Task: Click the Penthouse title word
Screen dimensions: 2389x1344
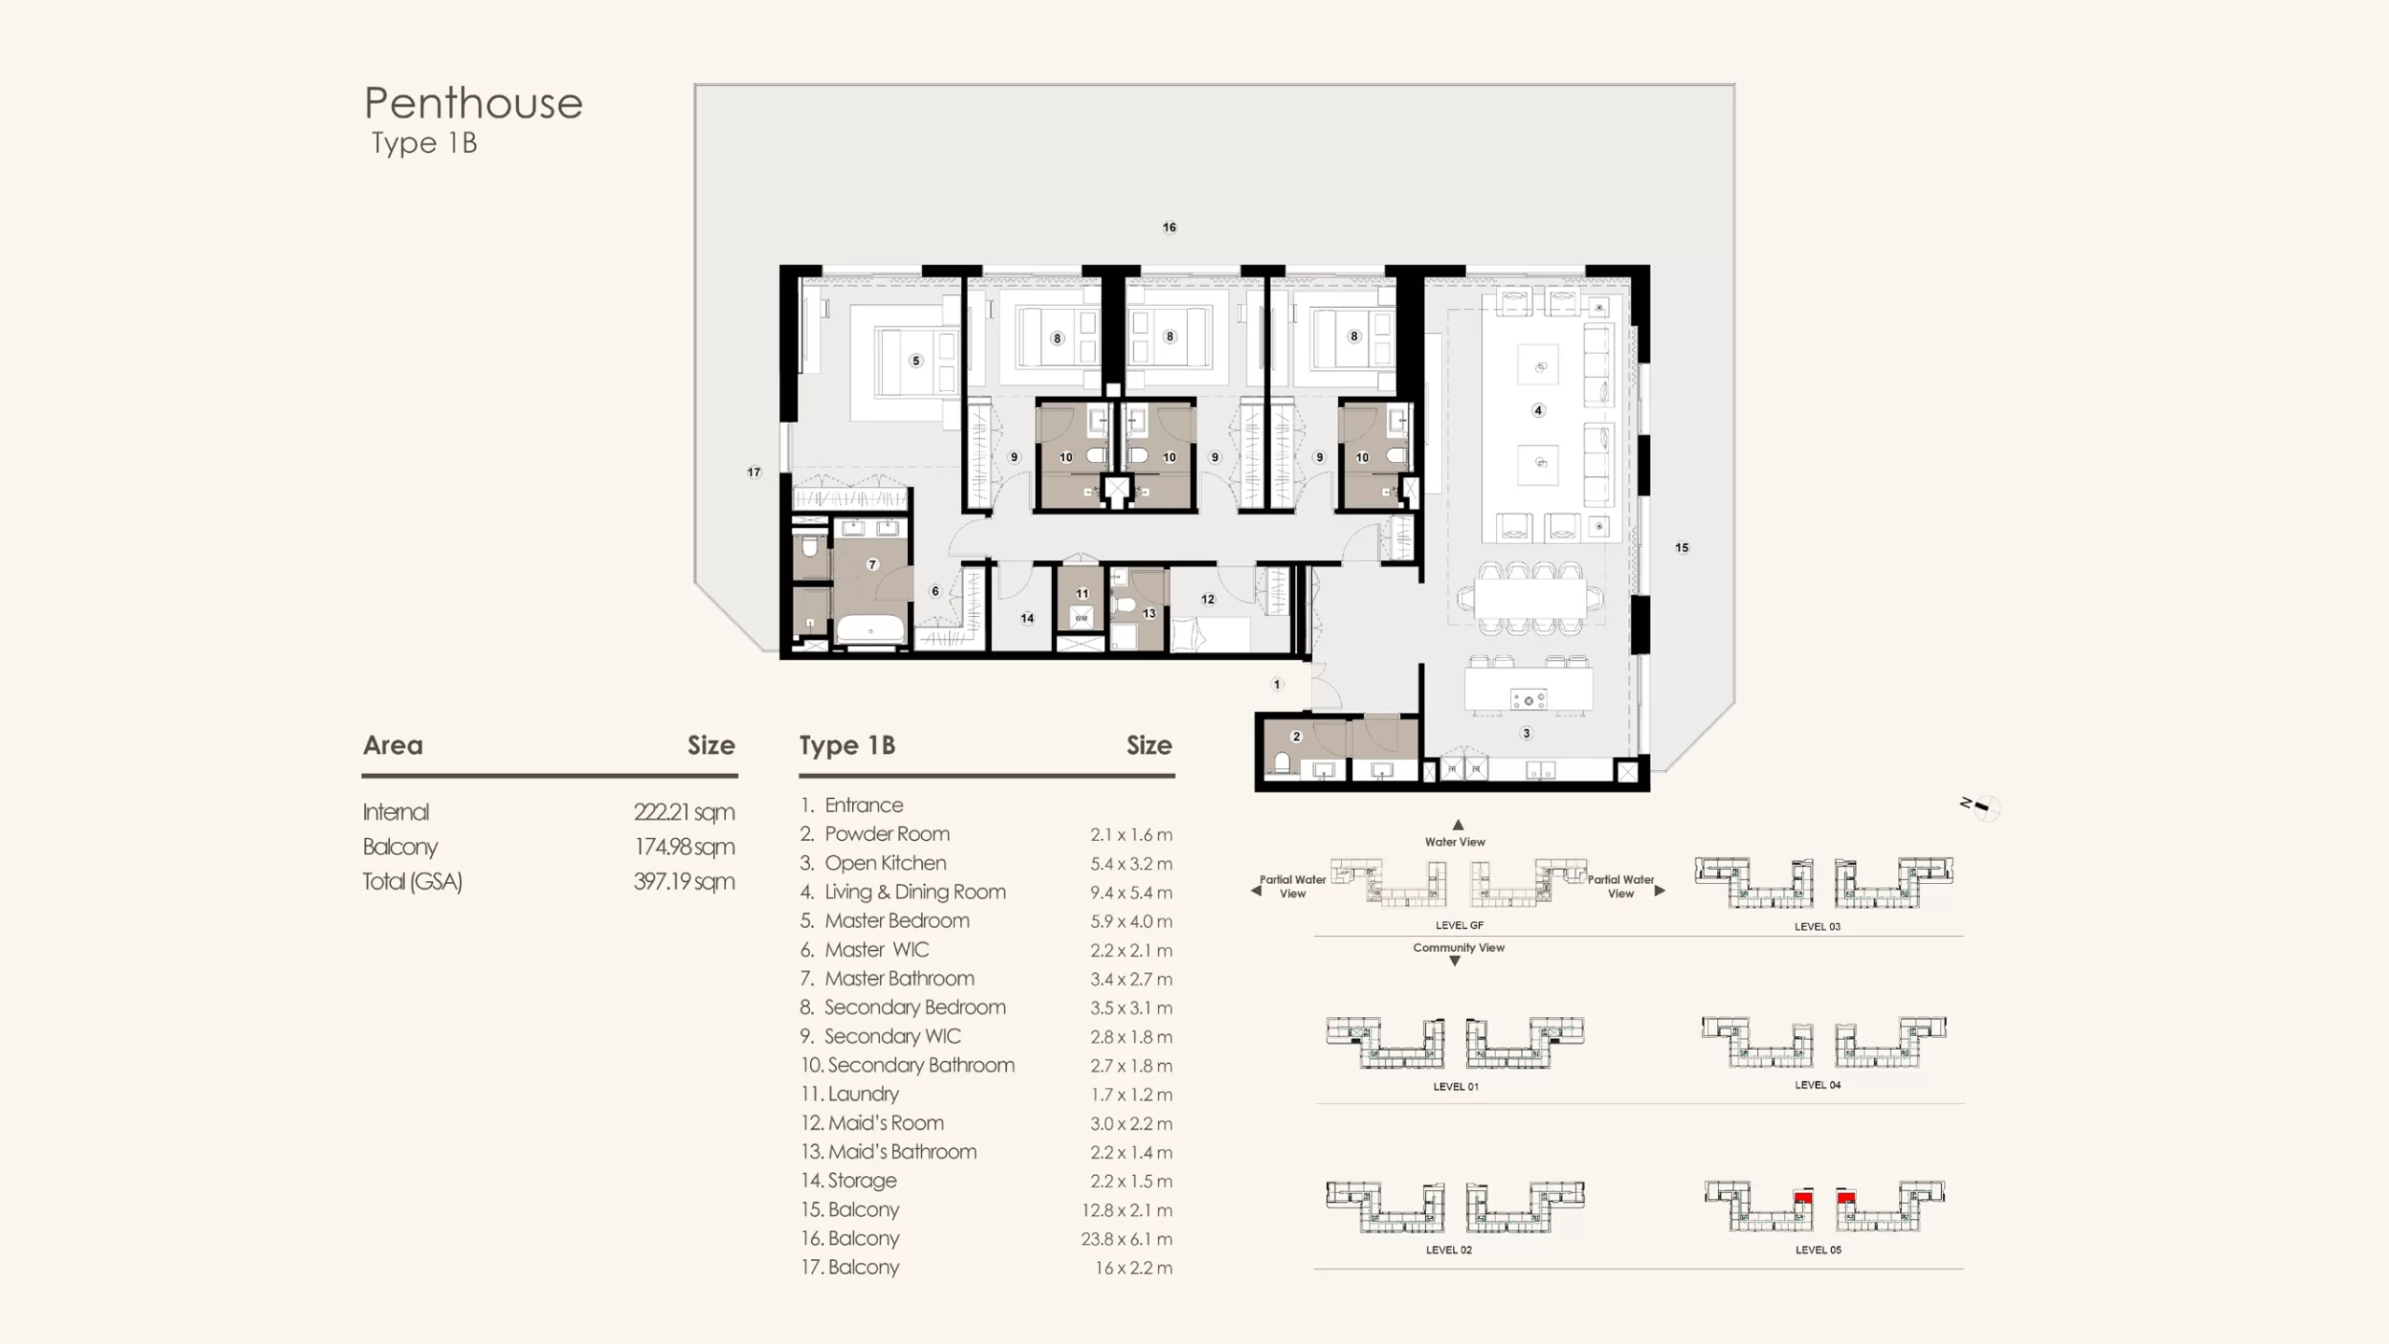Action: (473, 103)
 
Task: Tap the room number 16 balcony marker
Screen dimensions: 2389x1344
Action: (1169, 227)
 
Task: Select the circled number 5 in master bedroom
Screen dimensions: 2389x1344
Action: (916, 360)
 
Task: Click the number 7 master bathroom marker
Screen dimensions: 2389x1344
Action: (873, 564)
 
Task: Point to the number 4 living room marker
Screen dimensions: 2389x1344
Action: (1539, 410)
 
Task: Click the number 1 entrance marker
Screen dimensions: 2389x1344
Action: (1278, 684)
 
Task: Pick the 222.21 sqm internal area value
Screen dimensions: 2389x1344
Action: (684, 812)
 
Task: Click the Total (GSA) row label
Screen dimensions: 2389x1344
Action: (412, 881)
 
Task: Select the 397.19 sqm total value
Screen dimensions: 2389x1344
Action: (684, 881)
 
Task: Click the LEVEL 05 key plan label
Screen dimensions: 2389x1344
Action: (1818, 1250)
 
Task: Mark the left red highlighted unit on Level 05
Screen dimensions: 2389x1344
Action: (1803, 1197)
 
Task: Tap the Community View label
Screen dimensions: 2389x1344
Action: (1459, 947)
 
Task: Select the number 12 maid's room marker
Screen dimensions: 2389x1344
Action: (1208, 599)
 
